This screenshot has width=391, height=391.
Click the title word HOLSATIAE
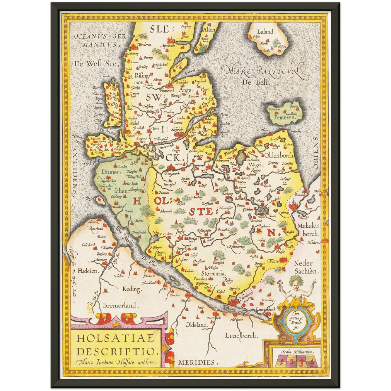(x=116, y=339)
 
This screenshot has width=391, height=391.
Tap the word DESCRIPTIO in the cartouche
(x=117, y=351)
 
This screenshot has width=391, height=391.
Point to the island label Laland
(x=265, y=32)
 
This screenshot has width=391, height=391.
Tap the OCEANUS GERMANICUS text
(x=100, y=40)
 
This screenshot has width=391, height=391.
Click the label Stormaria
(x=213, y=274)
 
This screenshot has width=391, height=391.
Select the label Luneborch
(x=241, y=336)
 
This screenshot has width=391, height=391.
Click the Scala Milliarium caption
(x=297, y=352)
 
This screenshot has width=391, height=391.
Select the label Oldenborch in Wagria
(x=279, y=156)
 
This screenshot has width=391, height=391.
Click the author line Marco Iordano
(x=117, y=362)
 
